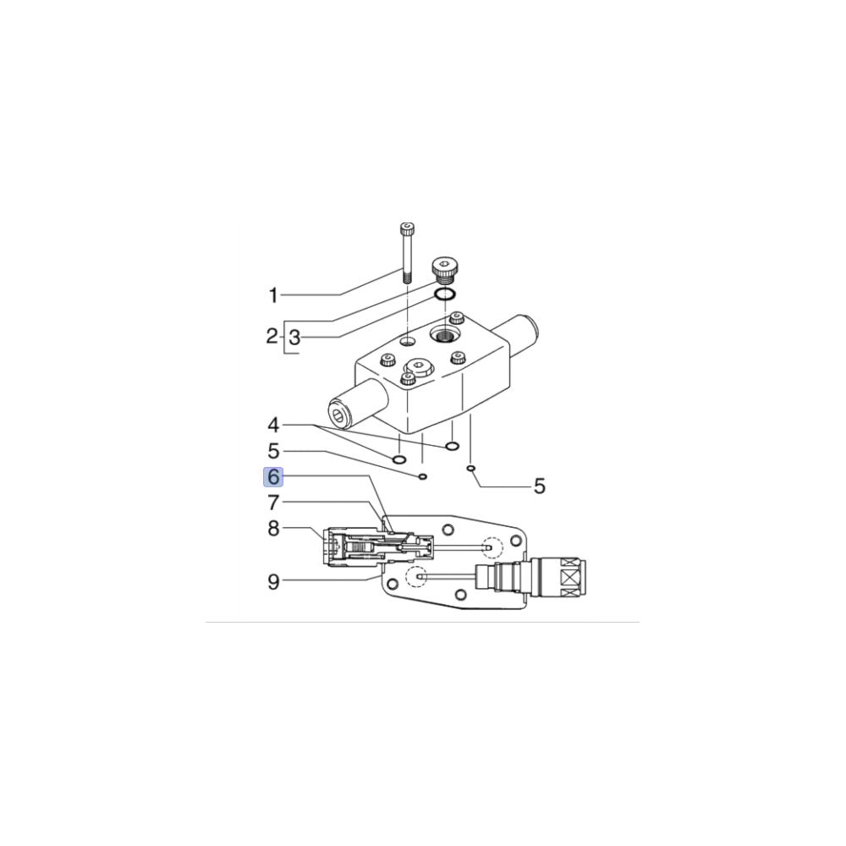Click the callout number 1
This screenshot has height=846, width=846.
pos(273,295)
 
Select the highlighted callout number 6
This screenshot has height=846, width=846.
pos(273,477)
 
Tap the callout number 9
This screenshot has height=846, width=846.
pos(273,581)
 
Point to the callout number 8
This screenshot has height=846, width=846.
pos(273,530)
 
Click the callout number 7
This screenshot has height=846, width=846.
pos(273,503)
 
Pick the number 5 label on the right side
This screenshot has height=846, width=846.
pos(539,486)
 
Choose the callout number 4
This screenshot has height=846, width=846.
pos(273,424)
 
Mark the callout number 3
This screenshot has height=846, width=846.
pos(294,338)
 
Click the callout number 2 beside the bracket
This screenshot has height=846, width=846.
pos(272,338)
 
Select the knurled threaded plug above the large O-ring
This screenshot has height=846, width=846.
pos(444,270)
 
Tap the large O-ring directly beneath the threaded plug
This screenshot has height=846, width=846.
pos(445,294)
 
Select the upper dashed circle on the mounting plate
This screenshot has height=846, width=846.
pos(492,547)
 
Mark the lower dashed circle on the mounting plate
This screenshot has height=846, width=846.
pos(415,577)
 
